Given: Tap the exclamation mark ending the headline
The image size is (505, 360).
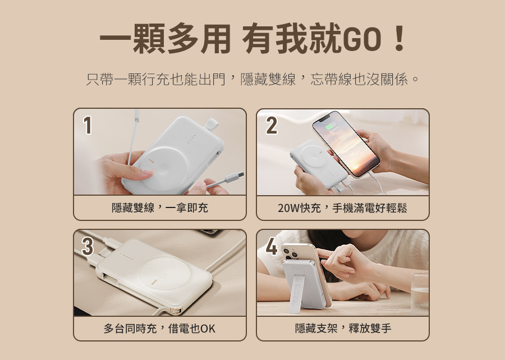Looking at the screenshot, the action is coord(400,39).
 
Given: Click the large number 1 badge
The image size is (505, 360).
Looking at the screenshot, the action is coord(88,125).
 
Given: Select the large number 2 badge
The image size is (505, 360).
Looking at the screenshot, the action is coord(272,125).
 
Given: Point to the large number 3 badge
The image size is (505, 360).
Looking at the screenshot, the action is coord(88,246).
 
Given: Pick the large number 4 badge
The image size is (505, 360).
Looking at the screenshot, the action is coord(272,246).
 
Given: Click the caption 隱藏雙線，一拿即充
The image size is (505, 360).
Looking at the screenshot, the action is coord(160,208).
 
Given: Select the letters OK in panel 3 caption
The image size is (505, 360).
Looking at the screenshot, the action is coord(208,329).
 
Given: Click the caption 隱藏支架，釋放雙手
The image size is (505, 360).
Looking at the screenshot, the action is coord(343,329).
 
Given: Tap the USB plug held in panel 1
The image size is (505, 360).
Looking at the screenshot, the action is coord(234,177).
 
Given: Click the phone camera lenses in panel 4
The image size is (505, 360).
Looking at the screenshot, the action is coord(290,252).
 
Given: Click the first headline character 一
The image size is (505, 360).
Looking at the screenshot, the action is coord(115,39).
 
